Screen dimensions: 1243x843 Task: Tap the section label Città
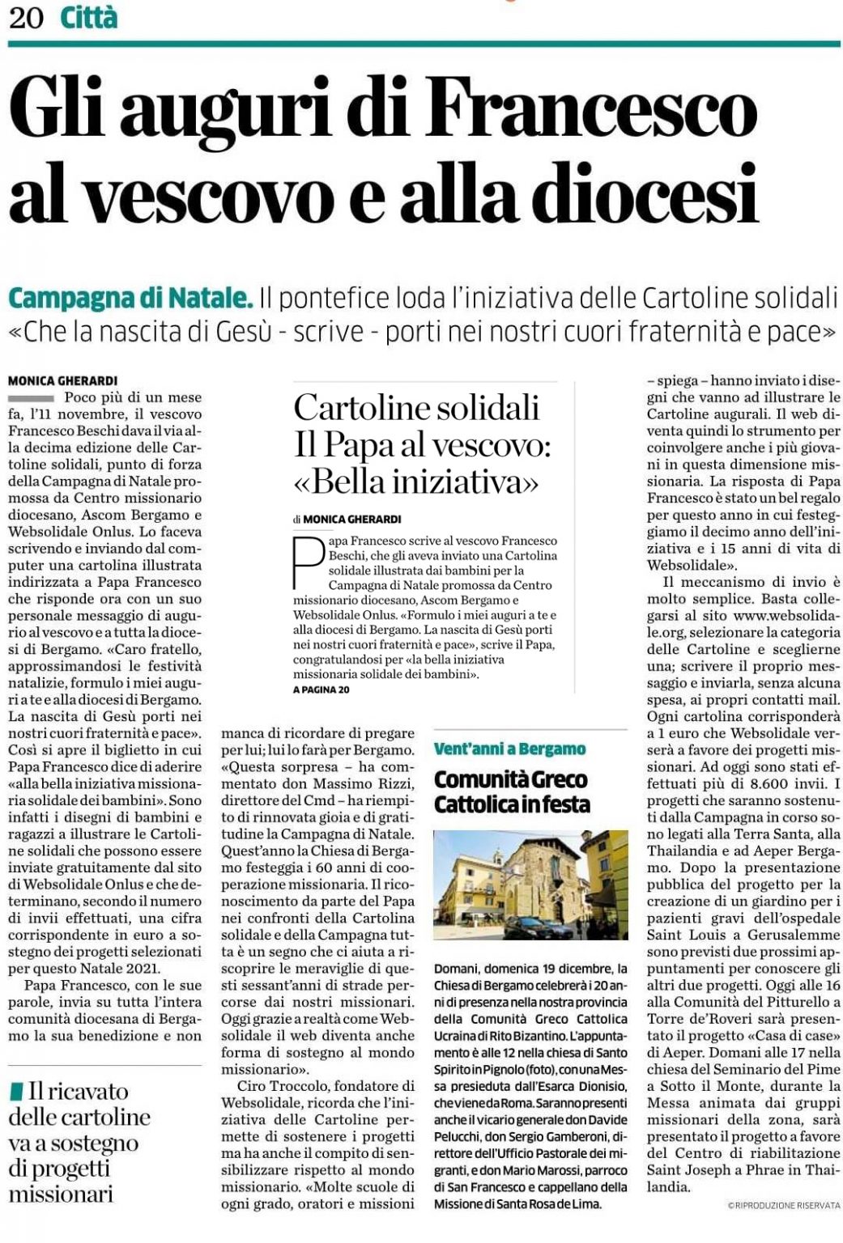pos(89,17)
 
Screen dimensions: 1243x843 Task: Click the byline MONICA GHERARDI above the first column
pos(62,380)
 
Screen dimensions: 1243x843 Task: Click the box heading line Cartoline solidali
pos(416,407)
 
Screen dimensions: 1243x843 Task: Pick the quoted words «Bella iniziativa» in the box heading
pos(416,482)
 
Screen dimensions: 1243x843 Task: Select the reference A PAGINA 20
pos(321,689)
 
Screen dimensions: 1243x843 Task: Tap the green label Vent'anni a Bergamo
pos(509,749)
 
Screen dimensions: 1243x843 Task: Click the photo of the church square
pos(530,885)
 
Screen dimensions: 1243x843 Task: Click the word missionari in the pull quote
pos(61,1194)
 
